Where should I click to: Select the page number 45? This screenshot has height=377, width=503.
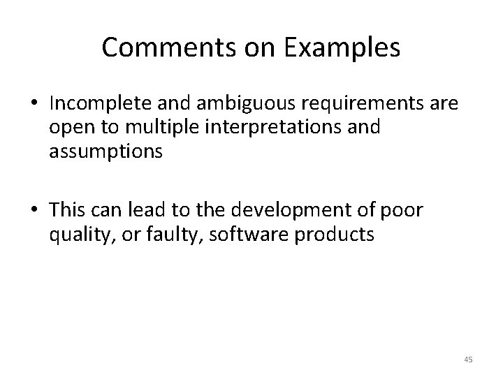point(468,360)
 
